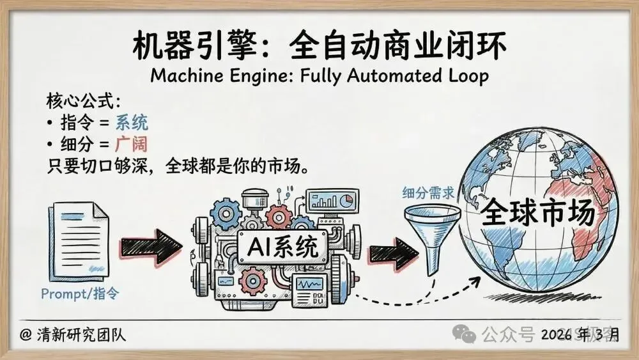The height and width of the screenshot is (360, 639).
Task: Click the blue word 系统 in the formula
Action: tap(132, 122)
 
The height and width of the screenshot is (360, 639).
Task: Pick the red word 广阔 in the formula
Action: tap(132, 144)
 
